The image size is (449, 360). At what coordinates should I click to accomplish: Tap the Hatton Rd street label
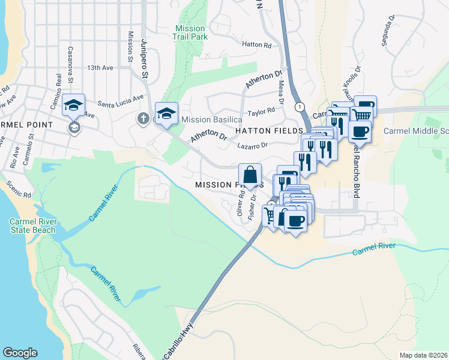pyautogui.click(x=257, y=45)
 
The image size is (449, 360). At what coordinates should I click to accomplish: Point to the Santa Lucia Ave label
pyautogui.click(x=121, y=97)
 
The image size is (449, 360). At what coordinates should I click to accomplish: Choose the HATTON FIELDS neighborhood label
pyautogui.click(x=264, y=131)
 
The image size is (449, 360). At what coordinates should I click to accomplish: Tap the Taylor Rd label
pyautogui.click(x=261, y=111)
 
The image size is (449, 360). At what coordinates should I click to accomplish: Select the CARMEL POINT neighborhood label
pyautogui.click(x=26, y=125)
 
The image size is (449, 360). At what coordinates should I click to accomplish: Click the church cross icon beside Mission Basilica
pyautogui.click(x=143, y=118)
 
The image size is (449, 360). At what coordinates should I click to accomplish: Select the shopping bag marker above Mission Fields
pyautogui.click(x=250, y=175)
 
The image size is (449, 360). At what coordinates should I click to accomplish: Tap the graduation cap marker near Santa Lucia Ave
pyautogui.click(x=73, y=106)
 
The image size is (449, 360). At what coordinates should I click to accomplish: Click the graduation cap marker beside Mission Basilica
pyautogui.click(x=166, y=113)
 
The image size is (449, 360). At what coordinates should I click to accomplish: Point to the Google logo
pyautogui.click(x=20, y=353)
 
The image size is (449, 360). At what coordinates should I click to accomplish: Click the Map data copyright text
pyautogui.click(x=424, y=355)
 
